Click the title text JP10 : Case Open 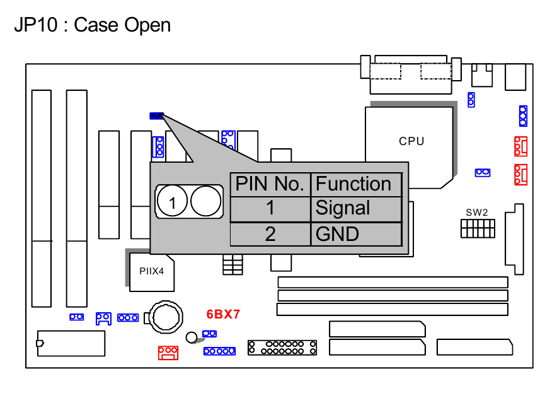tap(92, 25)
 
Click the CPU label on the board tap(411, 141)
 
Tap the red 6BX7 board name tap(224, 314)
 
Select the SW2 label tap(477, 212)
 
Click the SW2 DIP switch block tap(478, 228)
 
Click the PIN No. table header tap(270, 184)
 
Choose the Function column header tap(354, 184)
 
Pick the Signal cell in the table tap(343, 208)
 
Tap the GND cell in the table tap(337, 234)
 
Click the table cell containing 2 tap(270, 234)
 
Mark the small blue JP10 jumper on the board tap(156, 116)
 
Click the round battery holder tap(165, 316)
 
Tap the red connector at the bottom tap(168, 352)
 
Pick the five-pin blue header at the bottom tap(219, 351)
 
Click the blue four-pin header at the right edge tap(522, 116)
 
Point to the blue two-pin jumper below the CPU tap(483, 172)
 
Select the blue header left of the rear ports tap(471, 99)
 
